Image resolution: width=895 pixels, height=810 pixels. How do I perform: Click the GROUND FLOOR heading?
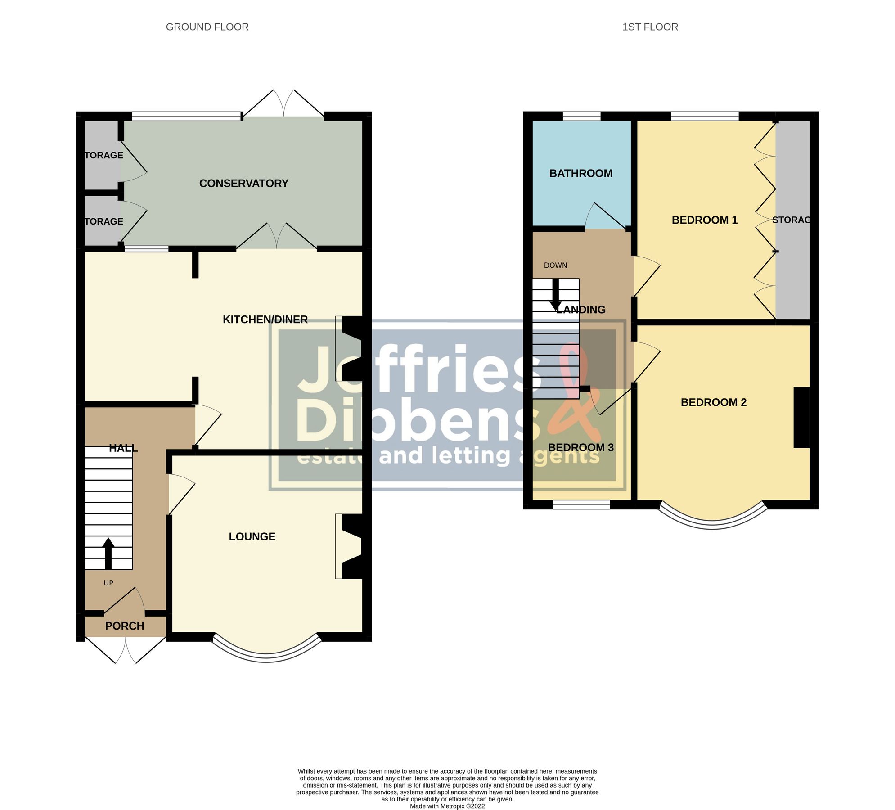pyautogui.click(x=207, y=27)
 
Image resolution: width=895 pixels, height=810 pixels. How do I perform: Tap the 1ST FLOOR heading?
pyautogui.click(x=650, y=27)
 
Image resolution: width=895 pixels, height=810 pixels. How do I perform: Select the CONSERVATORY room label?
pyautogui.click(x=243, y=184)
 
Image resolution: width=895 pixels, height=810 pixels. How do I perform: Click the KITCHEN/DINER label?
pyautogui.click(x=265, y=319)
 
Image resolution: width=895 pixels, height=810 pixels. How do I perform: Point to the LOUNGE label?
pyautogui.click(x=252, y=536)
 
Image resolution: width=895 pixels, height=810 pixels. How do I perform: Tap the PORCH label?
pyautogui.click(x=125, y=626)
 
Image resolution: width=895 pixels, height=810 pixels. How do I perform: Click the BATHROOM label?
pyautogui.click(x=580, y=173)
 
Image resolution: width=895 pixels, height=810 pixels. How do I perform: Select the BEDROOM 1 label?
pyautogui.click(x=704, y=220)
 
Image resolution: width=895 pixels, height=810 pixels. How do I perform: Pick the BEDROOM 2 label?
pyautogui.click(x=713, y=402)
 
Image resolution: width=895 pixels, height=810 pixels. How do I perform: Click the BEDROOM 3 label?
pyautogui.click(x=580, y=447)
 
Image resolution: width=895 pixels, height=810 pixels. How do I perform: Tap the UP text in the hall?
pyautogui.click(x=108, y=583)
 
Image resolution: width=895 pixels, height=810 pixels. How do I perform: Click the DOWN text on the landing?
pyautogui.click(x=555, y=265)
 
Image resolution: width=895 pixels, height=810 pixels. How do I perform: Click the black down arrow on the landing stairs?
pyautogui.click(x=556, y=294)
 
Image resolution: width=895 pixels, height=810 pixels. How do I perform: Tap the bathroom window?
pyautogui.click(x=581, y=116)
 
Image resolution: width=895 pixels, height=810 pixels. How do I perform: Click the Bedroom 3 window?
pyautogui.click(x=581, y=505)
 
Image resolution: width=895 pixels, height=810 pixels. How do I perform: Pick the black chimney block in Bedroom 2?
pyautogui.click(x=801, y=417)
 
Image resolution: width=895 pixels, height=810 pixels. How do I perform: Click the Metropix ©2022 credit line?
pyautogui.click(x=447, y=806)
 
